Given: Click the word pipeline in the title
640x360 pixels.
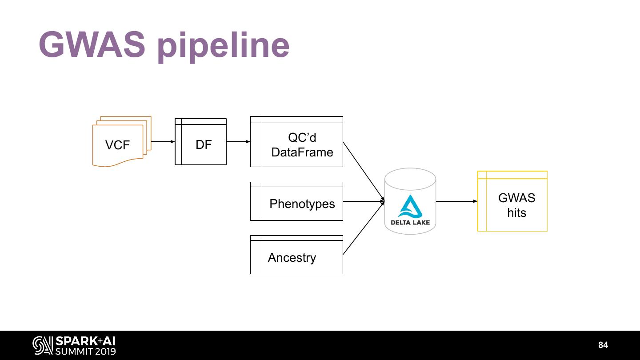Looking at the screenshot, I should (223, 46).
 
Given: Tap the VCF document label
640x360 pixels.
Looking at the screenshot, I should (117, 145).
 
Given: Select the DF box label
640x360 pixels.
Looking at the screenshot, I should (204, 144).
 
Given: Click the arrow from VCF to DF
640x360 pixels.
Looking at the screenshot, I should (163, 142).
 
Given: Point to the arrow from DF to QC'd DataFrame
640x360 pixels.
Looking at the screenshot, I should (238, 142).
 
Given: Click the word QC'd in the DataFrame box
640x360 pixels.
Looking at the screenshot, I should (302, 138).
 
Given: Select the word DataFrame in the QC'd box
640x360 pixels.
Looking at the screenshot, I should (302, 152).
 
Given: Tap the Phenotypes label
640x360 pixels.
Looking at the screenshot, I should (302, 204).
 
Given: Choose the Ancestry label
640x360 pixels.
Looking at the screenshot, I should (292, 258).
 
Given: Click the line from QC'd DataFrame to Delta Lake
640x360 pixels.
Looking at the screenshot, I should (364, 172).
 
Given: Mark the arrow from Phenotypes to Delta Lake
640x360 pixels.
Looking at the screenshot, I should (364, 201).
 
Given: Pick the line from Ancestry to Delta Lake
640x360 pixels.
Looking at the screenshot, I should (364, 228).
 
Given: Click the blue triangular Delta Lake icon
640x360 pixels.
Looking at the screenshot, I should (410, 206).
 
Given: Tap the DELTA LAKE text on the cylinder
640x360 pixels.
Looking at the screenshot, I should (410, 222).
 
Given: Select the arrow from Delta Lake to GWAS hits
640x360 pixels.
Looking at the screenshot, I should (456, 201).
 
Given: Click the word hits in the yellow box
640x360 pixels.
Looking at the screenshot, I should (516, 213).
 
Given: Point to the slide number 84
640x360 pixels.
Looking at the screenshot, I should (603, 345).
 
